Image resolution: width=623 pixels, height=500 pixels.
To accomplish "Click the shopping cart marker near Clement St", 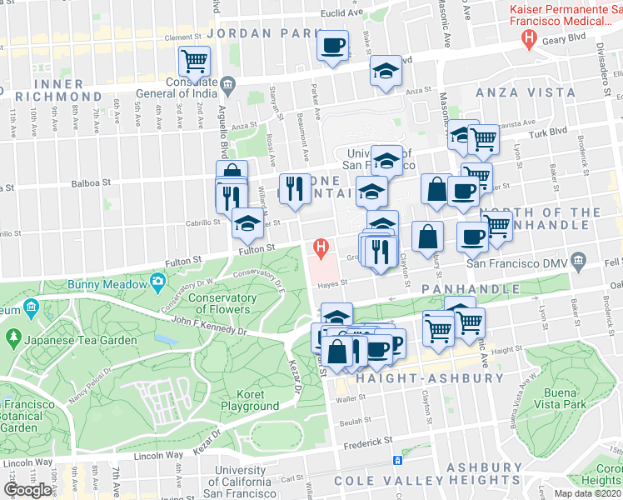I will pyautogui.click(x=194, y=59).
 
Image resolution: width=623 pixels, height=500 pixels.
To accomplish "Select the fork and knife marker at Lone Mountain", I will pyautogui.click(x=293, y=188).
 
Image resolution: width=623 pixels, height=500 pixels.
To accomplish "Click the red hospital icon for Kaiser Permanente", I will pyautogui.click(x=527, y=37).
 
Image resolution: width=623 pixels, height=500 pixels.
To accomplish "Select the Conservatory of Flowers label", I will pyautogui.click(x=220, y=303).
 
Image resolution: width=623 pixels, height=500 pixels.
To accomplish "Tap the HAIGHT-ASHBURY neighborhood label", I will pyautogui.click(x=430, y=378).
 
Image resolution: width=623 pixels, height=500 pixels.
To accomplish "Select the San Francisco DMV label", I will pyautogui.click(x=520, y=263).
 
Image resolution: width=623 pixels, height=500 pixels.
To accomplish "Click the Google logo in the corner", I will pyautogui.click(x=27, y=489).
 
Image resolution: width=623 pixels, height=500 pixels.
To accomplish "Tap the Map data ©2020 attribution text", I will pyautogui.click(x=587, y=493).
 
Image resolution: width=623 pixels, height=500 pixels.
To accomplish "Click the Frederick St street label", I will pyautogui.click(x=365, y=441).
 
